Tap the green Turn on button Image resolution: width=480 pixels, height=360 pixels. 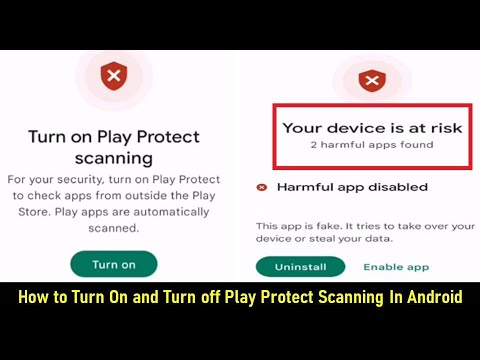coord(114,264)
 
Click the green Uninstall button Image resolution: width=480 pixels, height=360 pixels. coord(300,267)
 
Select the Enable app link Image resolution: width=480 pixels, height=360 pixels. coord(396,267)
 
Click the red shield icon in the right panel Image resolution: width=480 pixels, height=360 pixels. coord(371,79)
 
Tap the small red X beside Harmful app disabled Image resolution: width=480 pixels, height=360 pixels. coord(262,187)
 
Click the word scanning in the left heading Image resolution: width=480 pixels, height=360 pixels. coord(114,157)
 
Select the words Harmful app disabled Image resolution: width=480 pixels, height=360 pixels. coord(352,187)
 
